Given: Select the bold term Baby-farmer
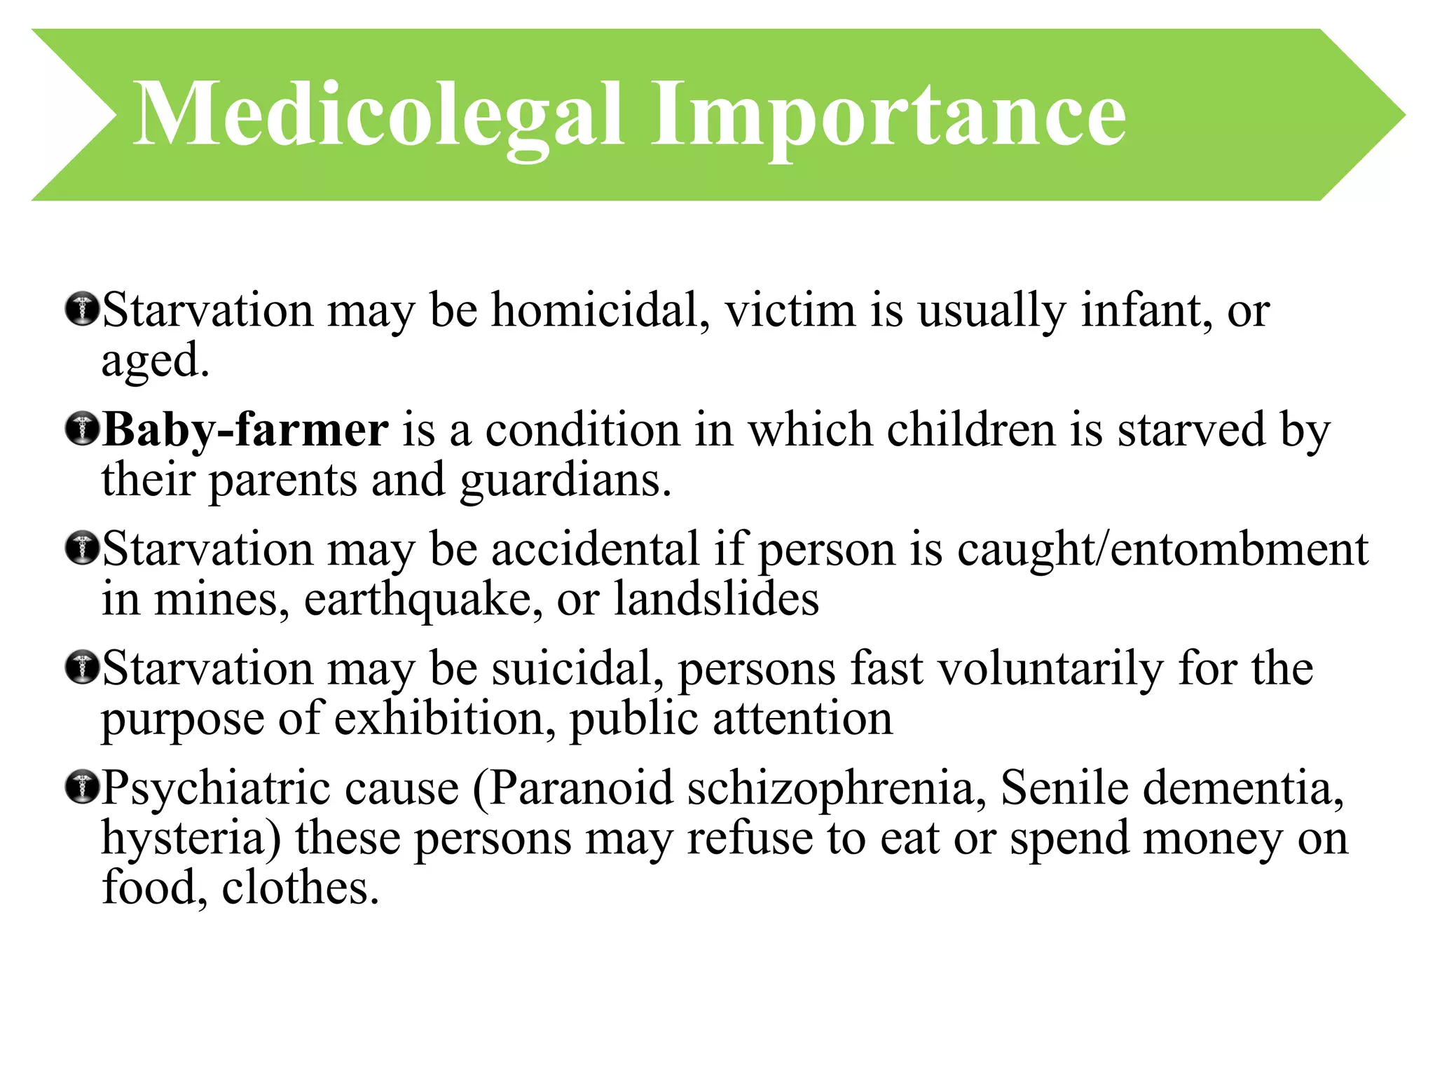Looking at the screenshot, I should (x=245, y=429).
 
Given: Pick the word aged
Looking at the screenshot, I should (x=154, y=361).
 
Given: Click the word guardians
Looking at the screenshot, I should (x=565, y=481).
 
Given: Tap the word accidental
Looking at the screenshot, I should (x=596, y=549).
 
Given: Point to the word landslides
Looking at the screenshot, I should (x=716, y=599).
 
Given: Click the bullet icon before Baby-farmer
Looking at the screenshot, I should (x=82, y=429).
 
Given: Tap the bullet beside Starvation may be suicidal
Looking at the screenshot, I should (x=82, y=668).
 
